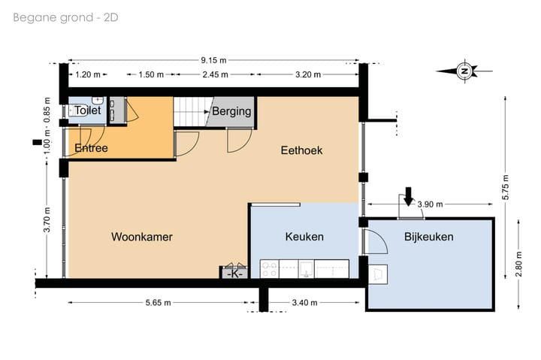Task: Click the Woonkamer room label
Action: [x=142, y=237]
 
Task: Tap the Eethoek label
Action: [x=301, y=150]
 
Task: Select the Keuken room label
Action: [x=304, y=237]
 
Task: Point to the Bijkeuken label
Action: [x=428, y=237]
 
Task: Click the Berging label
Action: [x=231, y=112]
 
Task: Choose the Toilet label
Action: [x=87, y=110]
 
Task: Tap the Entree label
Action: [x=91, y=148]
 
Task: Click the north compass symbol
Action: [x=464, y=71]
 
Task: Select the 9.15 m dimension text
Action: [x=213, y=60]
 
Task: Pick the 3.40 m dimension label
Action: [x=305, y=303]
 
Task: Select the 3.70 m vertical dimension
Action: [x=47, y=220]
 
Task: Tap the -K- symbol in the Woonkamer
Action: [x=234, y=273]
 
